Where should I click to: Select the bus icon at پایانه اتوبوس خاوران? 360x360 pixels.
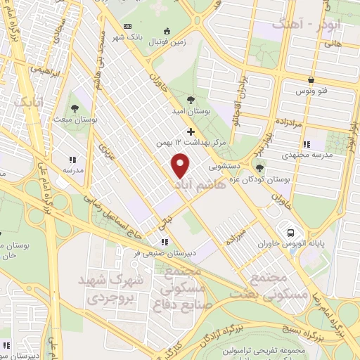(x=288, y=232)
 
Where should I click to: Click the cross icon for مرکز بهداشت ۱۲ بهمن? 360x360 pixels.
(x=190, y=131)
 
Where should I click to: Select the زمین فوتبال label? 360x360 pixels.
(x=167, y=42)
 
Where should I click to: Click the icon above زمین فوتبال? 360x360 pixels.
(x=167, y=30)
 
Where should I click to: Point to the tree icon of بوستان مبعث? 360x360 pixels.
(x=75, y=108)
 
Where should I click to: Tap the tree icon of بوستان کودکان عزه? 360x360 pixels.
(x=260, y=167)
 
